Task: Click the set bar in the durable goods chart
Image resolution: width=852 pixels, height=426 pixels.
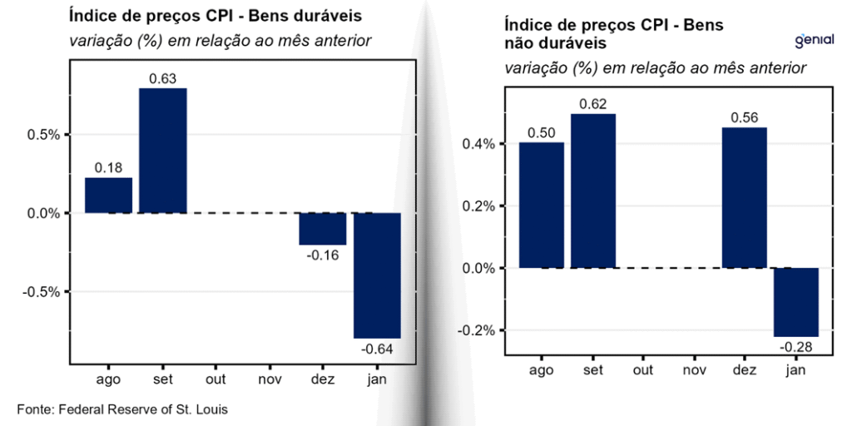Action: tap(163, 150)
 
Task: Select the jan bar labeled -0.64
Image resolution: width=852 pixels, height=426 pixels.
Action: tap(377, 275)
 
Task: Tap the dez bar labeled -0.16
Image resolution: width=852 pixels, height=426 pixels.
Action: tap(323, 228)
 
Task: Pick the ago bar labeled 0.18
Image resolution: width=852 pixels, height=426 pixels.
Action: tap(108, 196)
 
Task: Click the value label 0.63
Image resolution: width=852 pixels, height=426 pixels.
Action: tap(162, 79)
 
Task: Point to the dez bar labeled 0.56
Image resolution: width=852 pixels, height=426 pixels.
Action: tap(744, 197)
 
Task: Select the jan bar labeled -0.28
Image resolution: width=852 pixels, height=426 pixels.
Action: tap(796, 301)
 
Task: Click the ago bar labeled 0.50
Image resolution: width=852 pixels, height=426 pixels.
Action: tap(542, 205)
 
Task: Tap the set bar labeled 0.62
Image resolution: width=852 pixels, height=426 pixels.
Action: tap(593, 191)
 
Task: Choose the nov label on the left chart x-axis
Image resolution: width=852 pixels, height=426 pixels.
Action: tap(270, 379)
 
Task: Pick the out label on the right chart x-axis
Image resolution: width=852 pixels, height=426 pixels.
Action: tap(642, 369)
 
